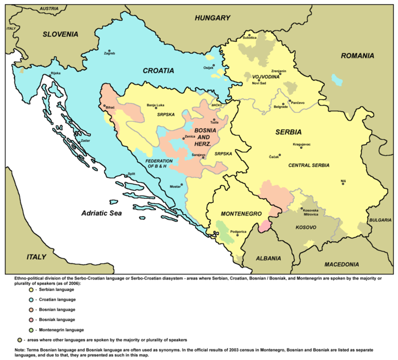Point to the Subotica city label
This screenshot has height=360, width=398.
tap(249, 38)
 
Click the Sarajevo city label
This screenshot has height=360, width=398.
tap(198, 155)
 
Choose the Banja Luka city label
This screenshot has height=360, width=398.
tap(156, 105)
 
